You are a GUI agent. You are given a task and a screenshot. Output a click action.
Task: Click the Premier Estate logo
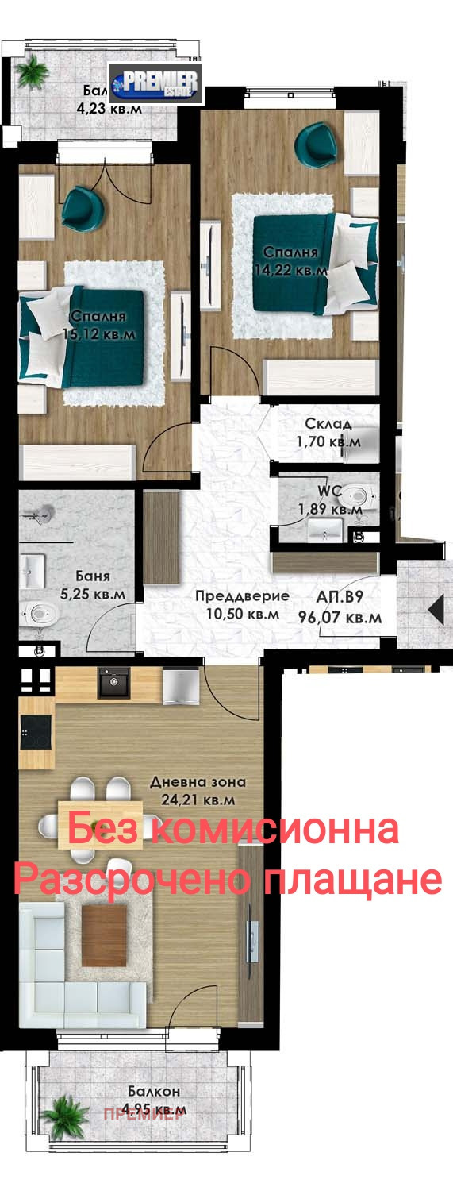tap(155, 83)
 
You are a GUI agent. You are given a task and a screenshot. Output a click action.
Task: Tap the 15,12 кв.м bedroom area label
tap(99, 334)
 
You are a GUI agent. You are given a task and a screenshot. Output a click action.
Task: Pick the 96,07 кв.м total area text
tap(340, 616)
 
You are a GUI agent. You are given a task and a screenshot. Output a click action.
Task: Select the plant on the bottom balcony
tap(64, 1116)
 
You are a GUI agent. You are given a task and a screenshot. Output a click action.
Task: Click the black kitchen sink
tap(113, 683)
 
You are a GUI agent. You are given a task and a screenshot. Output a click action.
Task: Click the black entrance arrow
tap(436, 610)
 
